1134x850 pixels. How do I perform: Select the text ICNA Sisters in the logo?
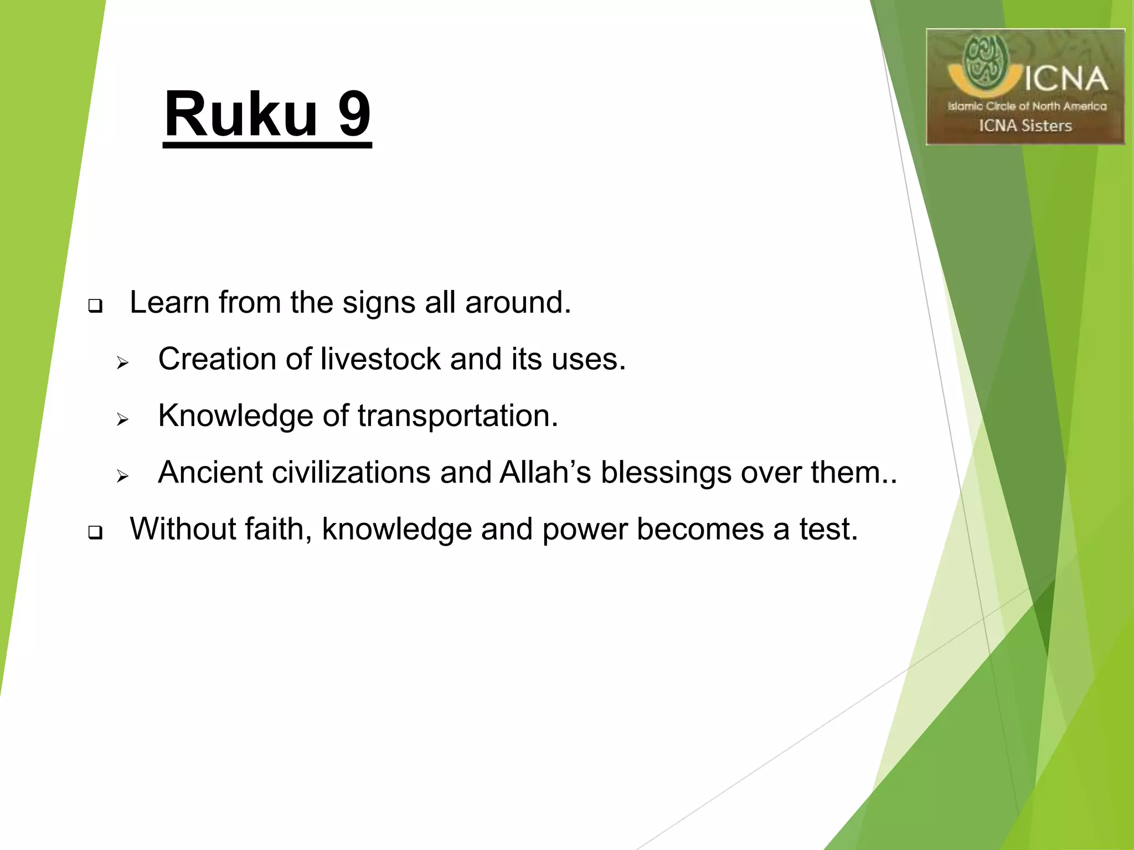pyautogui.click(x=1025, y=126)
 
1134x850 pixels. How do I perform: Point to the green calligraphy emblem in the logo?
pyautogui.click(x=985, y=61)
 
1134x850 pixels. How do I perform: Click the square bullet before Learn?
pyautogui.click(x=95, y=306)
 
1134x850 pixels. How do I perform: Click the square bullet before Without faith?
pyautogui.click(x=95, y=532)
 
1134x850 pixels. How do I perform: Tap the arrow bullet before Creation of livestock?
pyautogui.click(x=122, y=363)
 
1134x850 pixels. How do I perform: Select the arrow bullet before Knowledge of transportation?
pyautogui.click(x=122, y=419)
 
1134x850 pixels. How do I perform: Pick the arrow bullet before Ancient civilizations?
pyautogui.click(x=122, y=476)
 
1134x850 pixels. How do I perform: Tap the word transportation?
pyautogui.click(x=457, y=416)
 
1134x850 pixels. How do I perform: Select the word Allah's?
pyautogui.click(x=545, y=473)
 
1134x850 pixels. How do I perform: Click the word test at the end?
pyautogui.click(x=828, y=529)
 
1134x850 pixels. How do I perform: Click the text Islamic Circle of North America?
pyautogui.click(x=1027, y=106)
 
